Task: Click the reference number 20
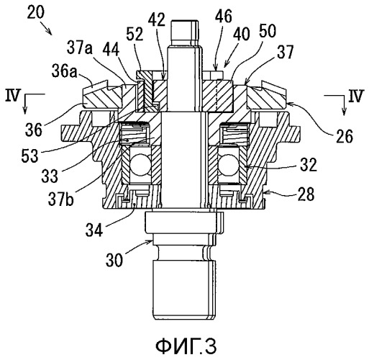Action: (36, 12)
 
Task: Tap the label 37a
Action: (80, 48)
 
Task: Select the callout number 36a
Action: (65, 71)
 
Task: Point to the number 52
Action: (135, 35)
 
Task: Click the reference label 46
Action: (224, 16)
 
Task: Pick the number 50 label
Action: (268, 31)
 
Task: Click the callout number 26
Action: (345, 136)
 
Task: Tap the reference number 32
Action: (309, 164)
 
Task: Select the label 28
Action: (306, 194)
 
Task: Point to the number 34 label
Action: (94, 230)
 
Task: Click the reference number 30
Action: (114, 260)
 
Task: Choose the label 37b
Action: (61, 199)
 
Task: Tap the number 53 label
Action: (30, 156)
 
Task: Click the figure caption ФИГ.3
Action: (186, 346)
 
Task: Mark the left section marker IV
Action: (12, 95)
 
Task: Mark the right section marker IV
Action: (356, 96)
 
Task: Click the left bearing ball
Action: (141, 165)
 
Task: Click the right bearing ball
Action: (228, 165)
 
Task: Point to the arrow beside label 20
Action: (46, 29)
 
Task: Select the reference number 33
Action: (50, 176)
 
